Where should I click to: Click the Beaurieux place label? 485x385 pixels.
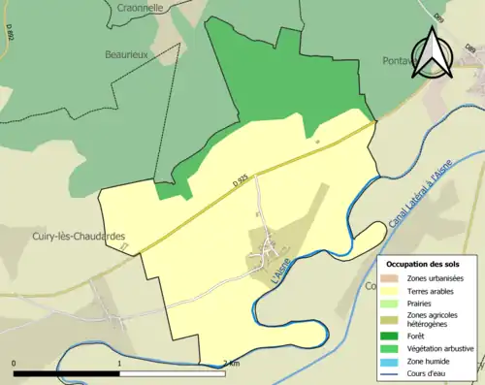[x=125, y=55]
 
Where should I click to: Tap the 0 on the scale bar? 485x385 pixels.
[x=14, y=364]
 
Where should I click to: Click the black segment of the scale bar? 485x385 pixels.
[x=66, y=373]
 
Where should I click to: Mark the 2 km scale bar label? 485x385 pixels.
[x=230, y=364]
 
